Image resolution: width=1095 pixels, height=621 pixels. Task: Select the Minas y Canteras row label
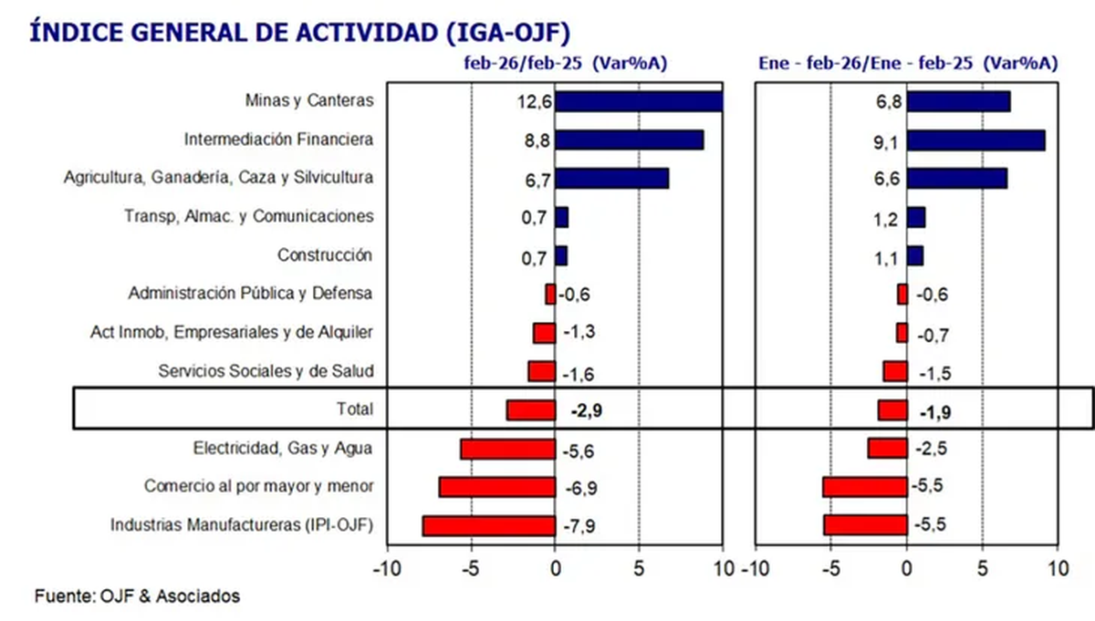click(309, 100)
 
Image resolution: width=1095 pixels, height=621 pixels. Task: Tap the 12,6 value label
click(534, 101)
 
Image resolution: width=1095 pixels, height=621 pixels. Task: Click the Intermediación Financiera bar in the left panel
click(630, 140)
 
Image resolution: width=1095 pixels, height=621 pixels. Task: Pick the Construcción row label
click(327, 255)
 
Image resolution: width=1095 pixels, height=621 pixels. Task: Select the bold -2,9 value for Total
click(586, 410)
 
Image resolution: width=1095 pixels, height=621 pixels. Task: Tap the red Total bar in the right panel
click(892, 410)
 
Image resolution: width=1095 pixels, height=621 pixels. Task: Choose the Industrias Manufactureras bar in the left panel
click(489, 526)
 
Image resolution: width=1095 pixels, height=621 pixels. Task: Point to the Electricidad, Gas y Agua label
click(283, 448)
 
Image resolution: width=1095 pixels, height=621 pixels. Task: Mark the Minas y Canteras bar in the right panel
click(958, 101)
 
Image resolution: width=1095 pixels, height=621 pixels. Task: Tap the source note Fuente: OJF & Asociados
click(137, 596)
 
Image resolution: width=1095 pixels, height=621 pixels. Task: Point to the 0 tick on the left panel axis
click(555, 567)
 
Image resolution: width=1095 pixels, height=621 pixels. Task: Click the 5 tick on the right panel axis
click(982, 567)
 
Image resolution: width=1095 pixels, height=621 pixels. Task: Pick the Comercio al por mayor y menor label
click(259, 486)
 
